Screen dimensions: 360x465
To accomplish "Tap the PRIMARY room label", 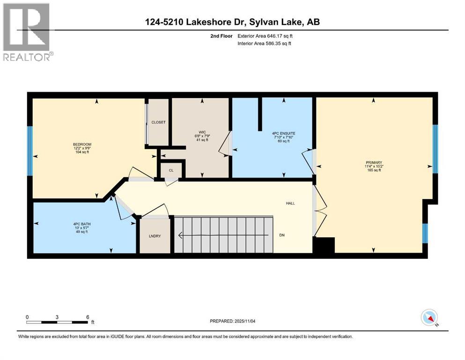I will coord(373,162).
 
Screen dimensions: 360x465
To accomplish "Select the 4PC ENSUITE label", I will coord(283,133).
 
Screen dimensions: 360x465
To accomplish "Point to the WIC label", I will coord(201,132).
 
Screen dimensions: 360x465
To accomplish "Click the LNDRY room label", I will coord(155,236).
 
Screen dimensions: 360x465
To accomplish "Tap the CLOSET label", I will coord(158,122).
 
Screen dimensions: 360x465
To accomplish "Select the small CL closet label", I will coord(171,171).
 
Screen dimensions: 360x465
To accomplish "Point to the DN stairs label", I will coord(281,235).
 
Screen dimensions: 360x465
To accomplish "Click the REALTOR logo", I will coord(27,32).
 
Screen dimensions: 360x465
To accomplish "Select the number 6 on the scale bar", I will coord(88,317).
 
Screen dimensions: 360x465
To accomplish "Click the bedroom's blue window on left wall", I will coord(30,150).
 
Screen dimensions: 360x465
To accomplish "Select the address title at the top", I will coord(232,22).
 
